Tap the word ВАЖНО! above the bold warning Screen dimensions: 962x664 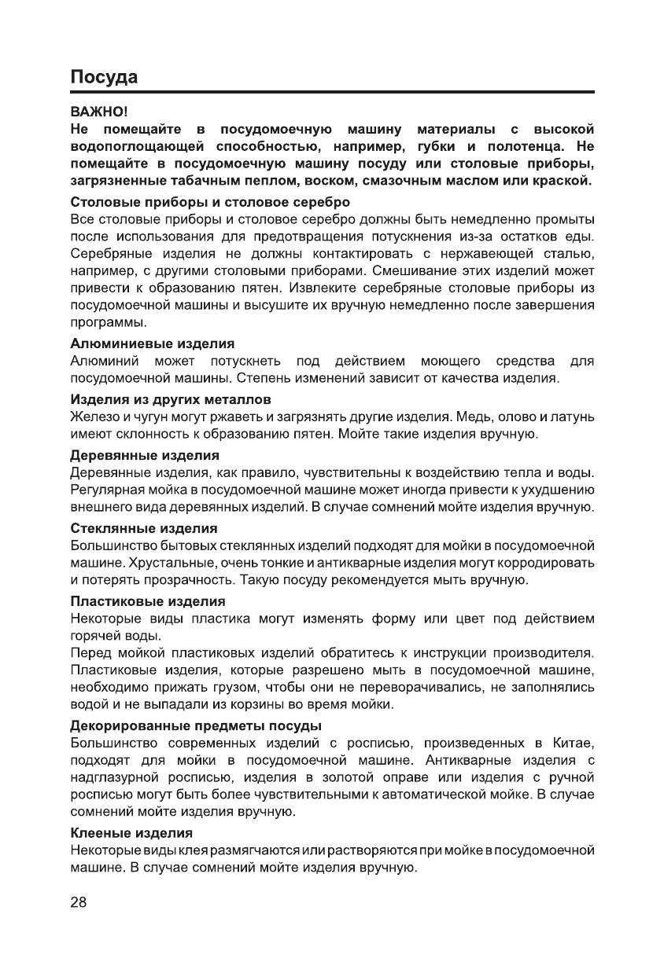(94, 112)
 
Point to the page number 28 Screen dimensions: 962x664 (79, 901)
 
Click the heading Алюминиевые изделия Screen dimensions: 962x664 (153, 344)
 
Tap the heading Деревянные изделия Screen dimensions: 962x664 (145, 455)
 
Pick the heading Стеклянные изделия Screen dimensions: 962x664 (144, 527)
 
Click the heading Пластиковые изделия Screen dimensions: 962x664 (148, 600)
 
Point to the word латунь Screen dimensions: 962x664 (572, 416)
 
